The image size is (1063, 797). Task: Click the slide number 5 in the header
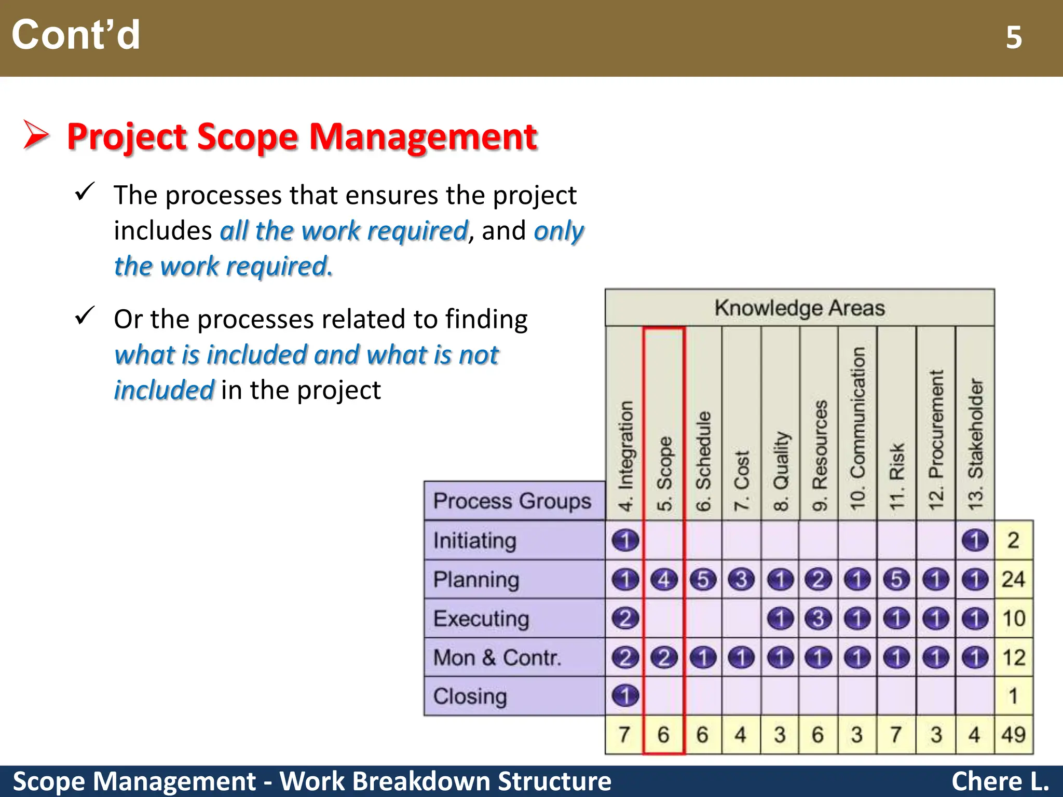1014,37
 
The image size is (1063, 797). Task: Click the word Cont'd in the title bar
76,35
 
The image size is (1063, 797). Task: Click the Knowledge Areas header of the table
799,308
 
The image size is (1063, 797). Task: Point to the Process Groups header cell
512,501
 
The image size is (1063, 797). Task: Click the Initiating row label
475,541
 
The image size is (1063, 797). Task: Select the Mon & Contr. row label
497,657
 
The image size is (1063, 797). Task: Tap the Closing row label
470,696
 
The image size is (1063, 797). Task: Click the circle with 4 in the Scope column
664,580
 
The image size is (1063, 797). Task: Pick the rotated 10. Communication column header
857,427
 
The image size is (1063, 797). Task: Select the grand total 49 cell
1014,735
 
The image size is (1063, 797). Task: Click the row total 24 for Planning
1014,579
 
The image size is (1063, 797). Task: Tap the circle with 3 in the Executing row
819,619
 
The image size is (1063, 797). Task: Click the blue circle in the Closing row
625,696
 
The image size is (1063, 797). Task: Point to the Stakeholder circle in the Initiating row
975,540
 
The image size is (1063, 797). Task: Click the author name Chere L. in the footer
1000,781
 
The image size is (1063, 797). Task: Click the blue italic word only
559,230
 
